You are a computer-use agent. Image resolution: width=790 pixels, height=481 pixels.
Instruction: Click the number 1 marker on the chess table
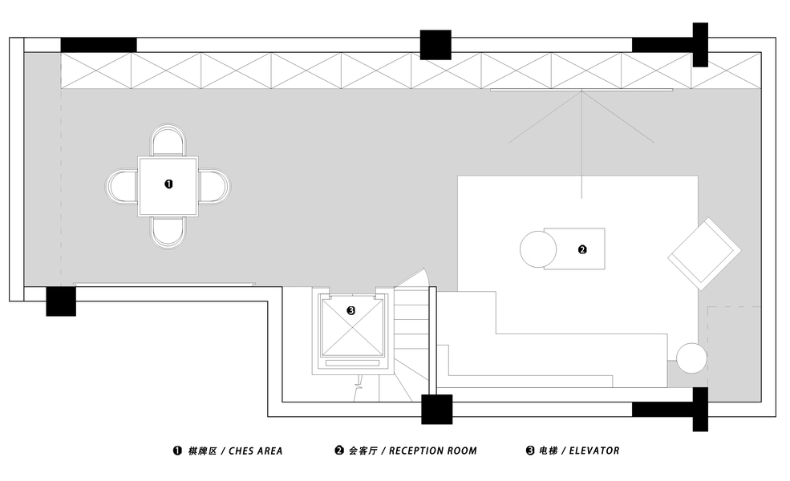coord(168,184)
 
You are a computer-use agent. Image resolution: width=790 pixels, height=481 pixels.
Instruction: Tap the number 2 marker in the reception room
coord(582,249)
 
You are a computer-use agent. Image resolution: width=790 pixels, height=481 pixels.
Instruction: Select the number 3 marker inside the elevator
coord(351,311)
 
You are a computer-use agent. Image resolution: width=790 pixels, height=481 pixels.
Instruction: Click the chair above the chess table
coord(168,140)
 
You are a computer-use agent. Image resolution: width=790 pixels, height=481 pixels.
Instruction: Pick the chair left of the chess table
coord(121,186)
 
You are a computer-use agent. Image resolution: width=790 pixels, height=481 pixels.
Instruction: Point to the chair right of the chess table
coord(214,186)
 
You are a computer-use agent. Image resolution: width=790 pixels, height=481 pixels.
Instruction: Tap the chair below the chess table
coord(168,232)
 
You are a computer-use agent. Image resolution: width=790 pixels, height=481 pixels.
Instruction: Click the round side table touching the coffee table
coord(538,249)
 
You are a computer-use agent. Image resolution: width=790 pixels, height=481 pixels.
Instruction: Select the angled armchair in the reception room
coord(704,254)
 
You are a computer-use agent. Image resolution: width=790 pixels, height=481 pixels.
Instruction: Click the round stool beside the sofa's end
coord(692,358)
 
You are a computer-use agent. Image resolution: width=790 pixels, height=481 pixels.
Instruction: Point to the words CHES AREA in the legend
coord(255,451)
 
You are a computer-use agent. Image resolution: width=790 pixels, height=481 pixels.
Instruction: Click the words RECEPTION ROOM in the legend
coord(433,451)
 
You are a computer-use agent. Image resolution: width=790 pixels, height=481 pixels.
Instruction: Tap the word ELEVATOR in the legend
coord(594,451)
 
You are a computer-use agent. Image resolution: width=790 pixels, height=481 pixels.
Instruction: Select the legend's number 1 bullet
coord(177,451)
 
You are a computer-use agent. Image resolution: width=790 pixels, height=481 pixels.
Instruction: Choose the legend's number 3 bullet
coord(530,451)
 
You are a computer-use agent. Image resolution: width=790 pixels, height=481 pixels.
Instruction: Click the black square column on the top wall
coord(436,45)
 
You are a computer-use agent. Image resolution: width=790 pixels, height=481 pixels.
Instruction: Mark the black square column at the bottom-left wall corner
coord(61,301)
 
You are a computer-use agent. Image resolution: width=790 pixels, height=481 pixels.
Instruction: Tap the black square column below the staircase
coord(437,410)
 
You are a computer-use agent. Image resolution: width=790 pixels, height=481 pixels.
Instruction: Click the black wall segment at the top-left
coord(99,45)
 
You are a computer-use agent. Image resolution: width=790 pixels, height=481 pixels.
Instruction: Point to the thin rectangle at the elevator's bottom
coord(352,362)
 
